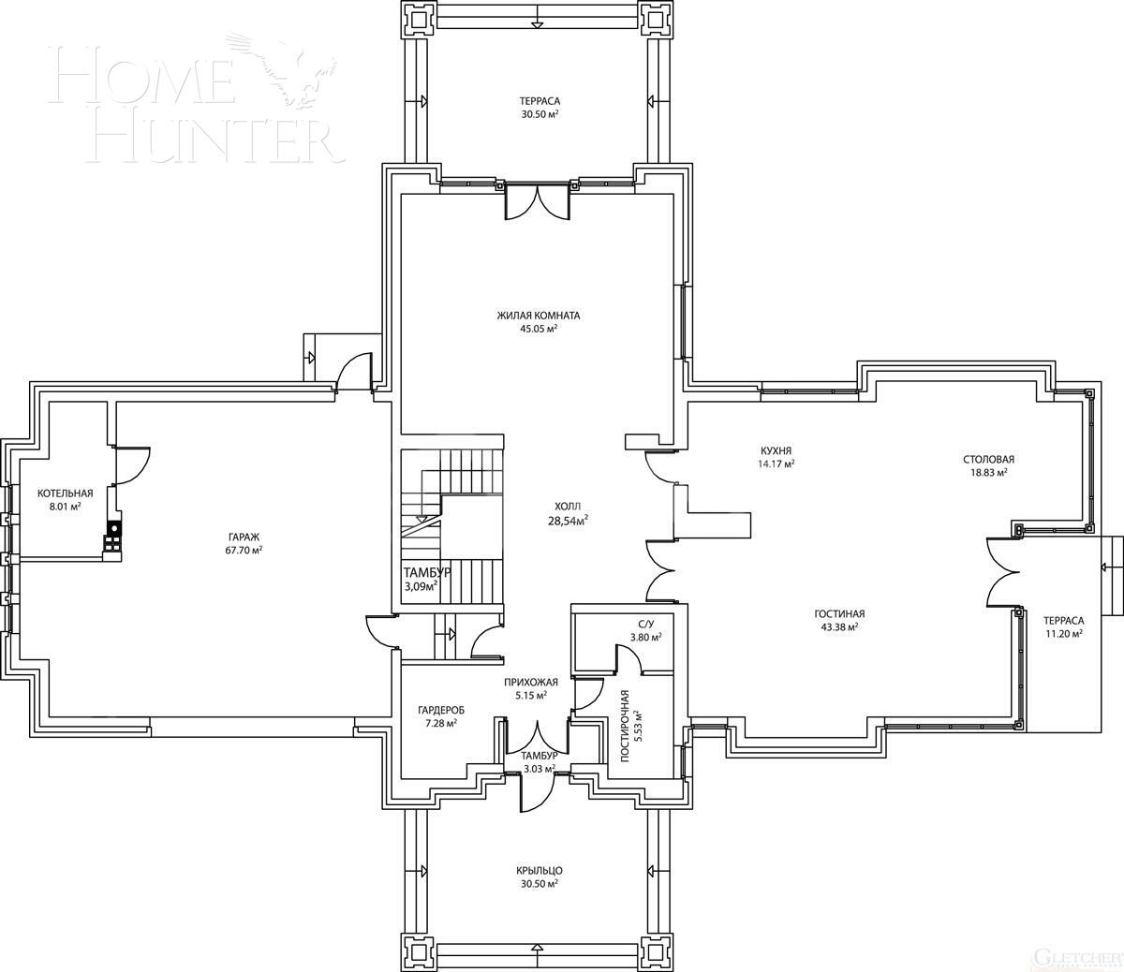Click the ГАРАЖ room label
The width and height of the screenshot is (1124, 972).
(x=243, y=537)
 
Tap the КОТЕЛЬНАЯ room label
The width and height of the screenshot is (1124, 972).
(x=65, y=493)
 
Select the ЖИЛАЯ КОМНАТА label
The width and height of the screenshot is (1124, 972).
(x=538, y=316)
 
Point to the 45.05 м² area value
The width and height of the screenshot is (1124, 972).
(x=539, y=329)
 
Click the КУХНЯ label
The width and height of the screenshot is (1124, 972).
(x=776, y=450)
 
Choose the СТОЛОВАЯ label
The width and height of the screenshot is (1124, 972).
(x=988, y=460)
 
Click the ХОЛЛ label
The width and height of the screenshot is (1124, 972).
(x=568, y=506)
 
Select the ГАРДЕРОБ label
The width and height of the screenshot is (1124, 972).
(x=440, y=710)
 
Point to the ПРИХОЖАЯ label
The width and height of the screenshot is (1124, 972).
(x=530, y=683)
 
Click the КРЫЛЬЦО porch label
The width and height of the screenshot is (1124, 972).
(x=539, y=870)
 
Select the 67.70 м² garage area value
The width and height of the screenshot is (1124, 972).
(x=243, y=550)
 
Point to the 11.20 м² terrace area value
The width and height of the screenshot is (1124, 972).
(x=1063, y=633)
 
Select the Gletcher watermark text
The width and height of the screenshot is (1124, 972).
(x=1077, y=957)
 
